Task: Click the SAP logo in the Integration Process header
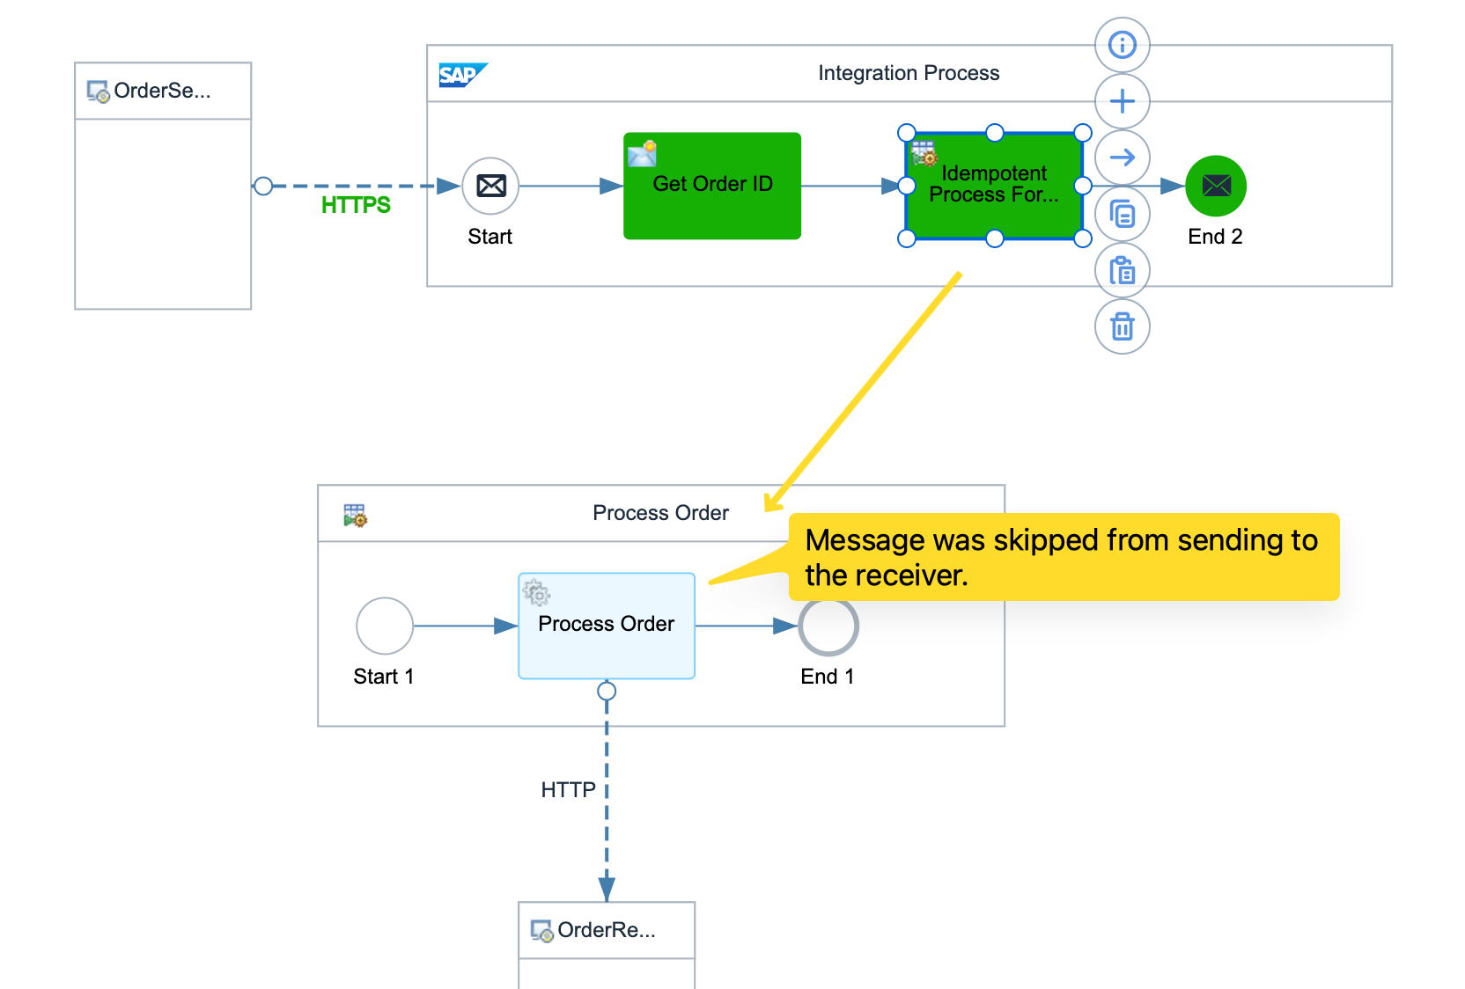pyautogui.click(x=461, y=75)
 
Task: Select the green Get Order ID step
pyautogui.click(x=711, y=186)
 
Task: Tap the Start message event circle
pyautogui.click(x=490, y=186)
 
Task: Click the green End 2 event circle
pyautogui.click(x=1216, y=186)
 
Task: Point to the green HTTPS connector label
pyautogui.click(x=356, y=205)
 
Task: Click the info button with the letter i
pyautogui.click(x=1122, y=45)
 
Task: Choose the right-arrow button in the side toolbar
pyautogui.click(x=1122, y=158)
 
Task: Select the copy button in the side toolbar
pyautogui.click(x=1122, y=214)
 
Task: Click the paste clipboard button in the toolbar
pyautogui.click(x=1122, y=270)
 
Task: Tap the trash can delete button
pyautogui.click(x=1122, y=326)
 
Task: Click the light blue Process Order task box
pyautogui.click(x=606, y=626)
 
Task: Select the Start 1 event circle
pyautogui.click(x=384, y=626)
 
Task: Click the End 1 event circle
pyautogui.click(x=828, y=626)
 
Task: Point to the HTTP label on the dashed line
pyautogui.click(x=568, y=790)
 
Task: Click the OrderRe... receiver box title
pyautogui.click(x=606, y=930)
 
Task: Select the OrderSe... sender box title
pyautogui.click(x=162, y=91)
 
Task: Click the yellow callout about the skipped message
pyautogui.click(x=1063, y=557)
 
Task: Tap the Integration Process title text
pyautogui.click(x=909, y=73)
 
